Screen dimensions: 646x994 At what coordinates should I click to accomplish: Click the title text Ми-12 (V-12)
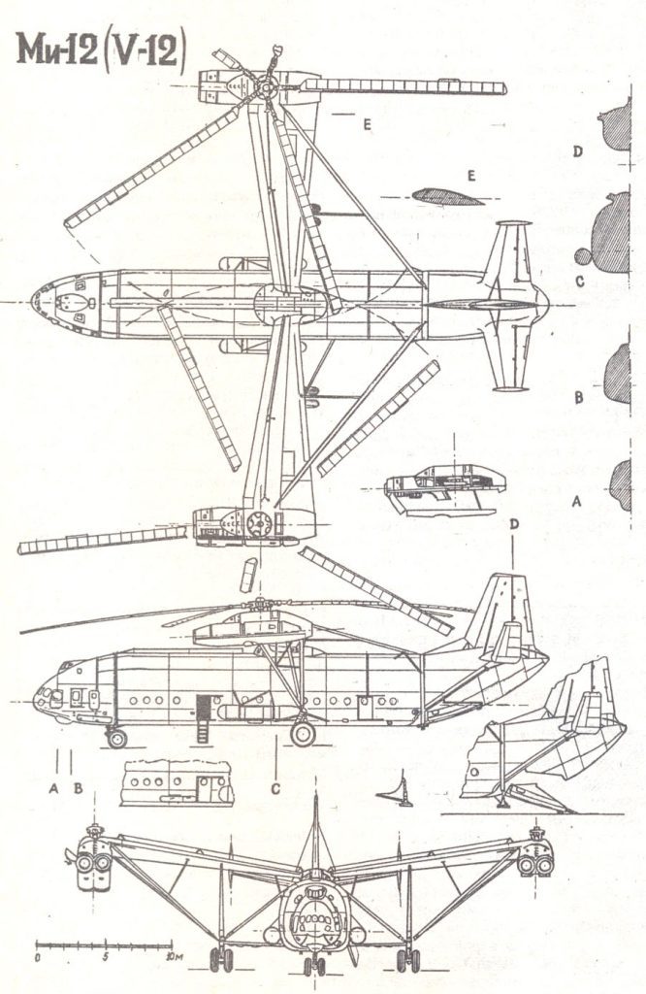[101, 50]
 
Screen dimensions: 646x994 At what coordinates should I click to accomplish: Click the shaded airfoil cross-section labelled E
[446, 197]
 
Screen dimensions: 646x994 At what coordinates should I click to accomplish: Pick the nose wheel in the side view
[116, 738]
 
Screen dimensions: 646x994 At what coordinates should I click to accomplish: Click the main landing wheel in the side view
[303, 733]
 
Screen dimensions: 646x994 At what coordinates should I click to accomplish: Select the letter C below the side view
[275, 788]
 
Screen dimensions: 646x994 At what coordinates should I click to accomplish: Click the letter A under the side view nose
[54, 788]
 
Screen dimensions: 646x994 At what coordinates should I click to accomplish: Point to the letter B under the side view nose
[78, 788]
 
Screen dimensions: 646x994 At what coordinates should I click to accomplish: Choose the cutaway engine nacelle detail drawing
[444, 485]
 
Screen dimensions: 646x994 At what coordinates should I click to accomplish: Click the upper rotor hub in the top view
[266, 85]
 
